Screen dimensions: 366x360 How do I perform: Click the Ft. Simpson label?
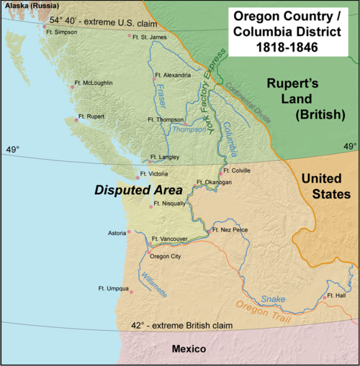point(62,32)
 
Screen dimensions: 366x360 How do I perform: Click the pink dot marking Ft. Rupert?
point(76,121)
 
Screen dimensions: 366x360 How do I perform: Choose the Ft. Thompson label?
point(164,119)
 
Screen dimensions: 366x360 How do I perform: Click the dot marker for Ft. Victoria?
point(138,177)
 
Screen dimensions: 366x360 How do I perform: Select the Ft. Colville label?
point(238,170)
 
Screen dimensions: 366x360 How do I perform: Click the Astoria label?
point(116,233)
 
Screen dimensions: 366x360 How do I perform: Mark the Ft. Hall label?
point(336,296)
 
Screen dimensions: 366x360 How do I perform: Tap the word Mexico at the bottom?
point(189,349)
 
